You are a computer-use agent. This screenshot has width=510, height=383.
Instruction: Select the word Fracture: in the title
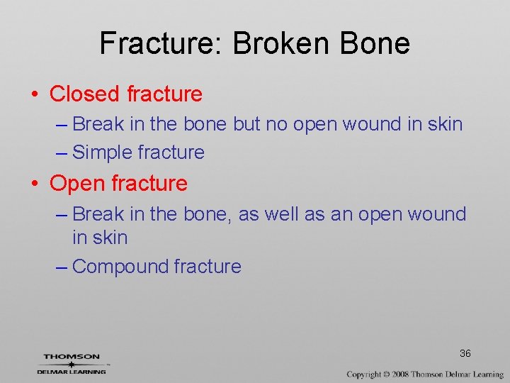(161, 44)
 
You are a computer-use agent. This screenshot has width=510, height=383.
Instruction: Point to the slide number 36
(465, 353)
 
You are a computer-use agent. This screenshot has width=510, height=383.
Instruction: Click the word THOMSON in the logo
(72, 357)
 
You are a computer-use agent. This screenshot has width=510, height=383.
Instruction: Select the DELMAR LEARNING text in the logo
(72, 371)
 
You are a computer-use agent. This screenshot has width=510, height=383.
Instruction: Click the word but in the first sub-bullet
(246, 124)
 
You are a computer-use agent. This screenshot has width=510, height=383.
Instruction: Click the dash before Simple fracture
(61, 152)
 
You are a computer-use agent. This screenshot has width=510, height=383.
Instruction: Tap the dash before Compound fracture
(61, 267)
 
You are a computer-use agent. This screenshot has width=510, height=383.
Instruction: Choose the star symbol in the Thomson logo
(72, 364)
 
